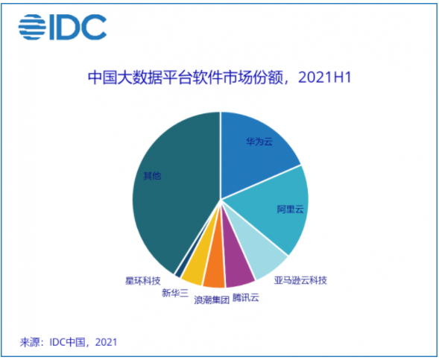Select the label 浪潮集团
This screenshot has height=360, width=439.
(x=211, y=300)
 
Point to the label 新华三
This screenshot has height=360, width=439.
(x=175, y=293)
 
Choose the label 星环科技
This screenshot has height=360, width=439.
(x=142, y=282)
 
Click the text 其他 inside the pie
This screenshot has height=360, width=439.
(x=152, y=177)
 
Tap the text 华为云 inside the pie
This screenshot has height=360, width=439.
(x=259, y=141)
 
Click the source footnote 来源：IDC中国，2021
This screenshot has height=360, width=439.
(x=69, y=342)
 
